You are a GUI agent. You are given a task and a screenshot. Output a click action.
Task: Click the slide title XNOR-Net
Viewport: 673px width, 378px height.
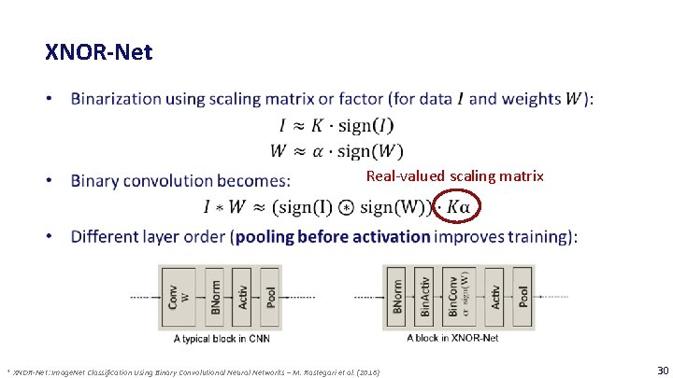coord(98,51)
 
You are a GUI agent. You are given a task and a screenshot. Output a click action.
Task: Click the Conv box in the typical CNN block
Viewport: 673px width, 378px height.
coord(173,296)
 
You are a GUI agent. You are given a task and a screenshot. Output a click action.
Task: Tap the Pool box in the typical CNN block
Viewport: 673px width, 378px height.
coord(270,296)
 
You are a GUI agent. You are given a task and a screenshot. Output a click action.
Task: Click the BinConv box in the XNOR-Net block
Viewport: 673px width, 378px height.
coord(456,296)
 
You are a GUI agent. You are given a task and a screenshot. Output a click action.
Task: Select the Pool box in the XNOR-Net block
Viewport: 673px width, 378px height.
coord(523,296)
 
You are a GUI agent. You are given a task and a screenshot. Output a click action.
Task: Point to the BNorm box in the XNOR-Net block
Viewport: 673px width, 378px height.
coord(397,296)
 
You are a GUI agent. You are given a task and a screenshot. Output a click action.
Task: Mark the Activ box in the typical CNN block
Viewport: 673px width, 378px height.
coord(242,296)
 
